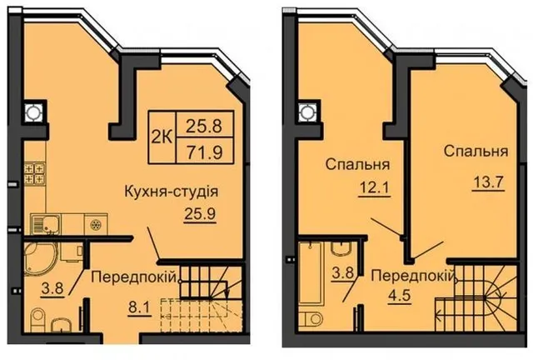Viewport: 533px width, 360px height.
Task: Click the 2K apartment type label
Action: (x=162, y=137)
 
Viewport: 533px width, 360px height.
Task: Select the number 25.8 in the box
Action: (x=204, y=125)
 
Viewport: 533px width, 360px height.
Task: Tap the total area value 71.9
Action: (x=204, y=152)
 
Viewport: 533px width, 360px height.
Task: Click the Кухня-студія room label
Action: (x=172, y=192)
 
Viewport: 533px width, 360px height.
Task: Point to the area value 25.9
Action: (x=200, y=214)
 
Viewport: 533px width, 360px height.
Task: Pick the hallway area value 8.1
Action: (x=139, y=310)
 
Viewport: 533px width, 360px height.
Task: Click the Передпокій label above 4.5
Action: (x=413, y=276)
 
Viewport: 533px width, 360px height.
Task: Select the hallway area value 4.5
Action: (x=399, y=295)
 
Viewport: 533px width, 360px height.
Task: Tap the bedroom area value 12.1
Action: (x=374, y=187)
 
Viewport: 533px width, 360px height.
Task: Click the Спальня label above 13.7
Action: (x=476, y=152)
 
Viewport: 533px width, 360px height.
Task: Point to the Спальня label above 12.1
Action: (x=357, y=164)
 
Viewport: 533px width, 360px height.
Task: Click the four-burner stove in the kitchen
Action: (x=34, y=173)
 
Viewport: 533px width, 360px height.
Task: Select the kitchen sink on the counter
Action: (x=45, y=225)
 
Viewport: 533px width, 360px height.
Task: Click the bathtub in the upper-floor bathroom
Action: (x=309, y=272)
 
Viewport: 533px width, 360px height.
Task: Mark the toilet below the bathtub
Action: (x=311, y=319)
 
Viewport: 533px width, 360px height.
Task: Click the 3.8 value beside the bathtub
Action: (x=344, y=272)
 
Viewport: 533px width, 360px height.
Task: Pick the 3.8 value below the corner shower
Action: (x=52, y=288)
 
